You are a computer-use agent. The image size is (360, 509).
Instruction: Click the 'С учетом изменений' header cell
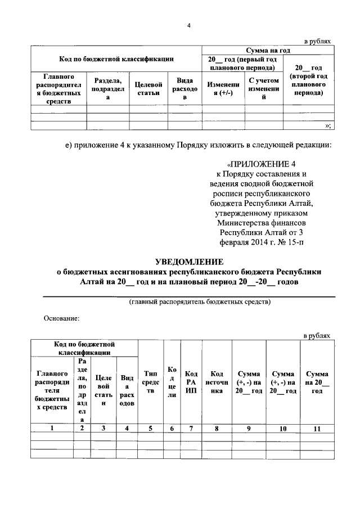point(264,88)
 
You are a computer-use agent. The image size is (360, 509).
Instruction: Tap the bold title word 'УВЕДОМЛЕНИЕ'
point(189,262)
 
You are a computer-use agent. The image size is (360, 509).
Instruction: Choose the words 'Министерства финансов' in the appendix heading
point(264,222)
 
